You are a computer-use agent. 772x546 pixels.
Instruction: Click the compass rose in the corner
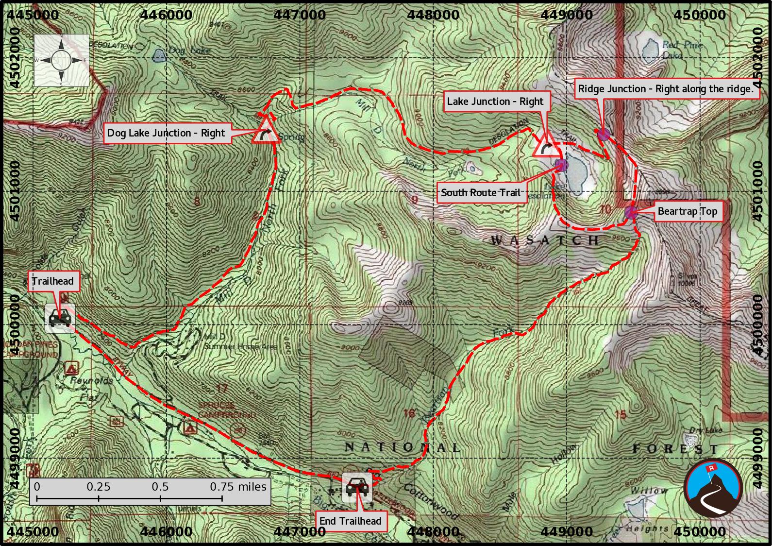61,60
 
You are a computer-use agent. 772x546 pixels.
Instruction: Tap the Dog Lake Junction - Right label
166,133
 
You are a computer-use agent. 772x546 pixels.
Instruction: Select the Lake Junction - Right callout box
495,102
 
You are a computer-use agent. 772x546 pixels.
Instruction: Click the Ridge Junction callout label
665,89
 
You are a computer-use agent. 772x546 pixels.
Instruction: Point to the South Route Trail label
481,193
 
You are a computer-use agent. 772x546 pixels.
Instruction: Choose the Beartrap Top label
687,211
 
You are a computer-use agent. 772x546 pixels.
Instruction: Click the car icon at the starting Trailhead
60,318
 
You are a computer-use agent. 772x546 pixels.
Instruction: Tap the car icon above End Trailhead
357,486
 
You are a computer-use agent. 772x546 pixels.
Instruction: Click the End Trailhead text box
350,521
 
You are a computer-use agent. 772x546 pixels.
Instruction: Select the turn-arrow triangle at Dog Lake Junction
266,131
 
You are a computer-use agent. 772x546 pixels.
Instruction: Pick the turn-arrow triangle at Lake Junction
546,146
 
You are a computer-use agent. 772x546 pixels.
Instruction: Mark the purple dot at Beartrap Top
631,212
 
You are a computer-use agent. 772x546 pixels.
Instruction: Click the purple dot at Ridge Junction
603,135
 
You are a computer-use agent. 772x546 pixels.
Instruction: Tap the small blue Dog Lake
159,56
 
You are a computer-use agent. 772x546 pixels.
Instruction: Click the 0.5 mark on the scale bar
160,487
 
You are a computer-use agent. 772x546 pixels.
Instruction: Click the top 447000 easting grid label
300,15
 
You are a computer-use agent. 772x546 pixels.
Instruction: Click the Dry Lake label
705,430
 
